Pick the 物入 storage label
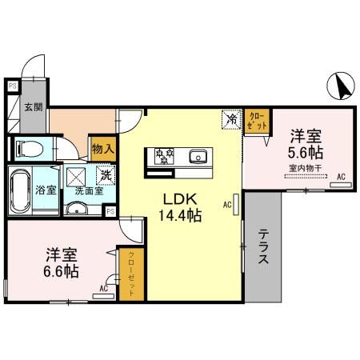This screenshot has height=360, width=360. click(103, 148)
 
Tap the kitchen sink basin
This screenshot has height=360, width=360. click(198, 156)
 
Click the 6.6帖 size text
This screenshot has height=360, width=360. click(61, 272)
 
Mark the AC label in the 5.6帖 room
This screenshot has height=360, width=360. click(341, 176)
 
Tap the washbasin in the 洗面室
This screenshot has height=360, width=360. click(78, 210)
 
